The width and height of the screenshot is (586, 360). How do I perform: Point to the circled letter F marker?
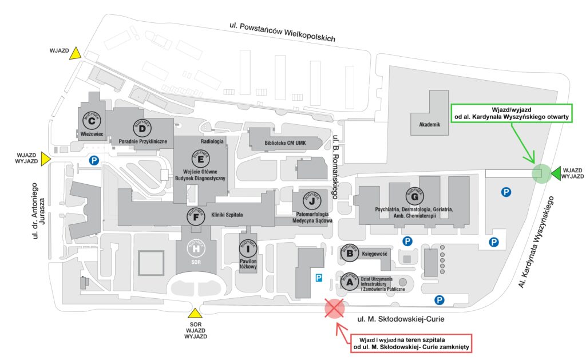pyautogui.click(x=196, y=217)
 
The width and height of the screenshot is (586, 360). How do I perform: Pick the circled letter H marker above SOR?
pyautogui.click(x=196, y=250)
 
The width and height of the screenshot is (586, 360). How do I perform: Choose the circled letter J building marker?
pyautogui.click(x=311, y=201)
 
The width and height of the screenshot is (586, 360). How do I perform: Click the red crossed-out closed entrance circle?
pyautogui.click(x=334, y=309)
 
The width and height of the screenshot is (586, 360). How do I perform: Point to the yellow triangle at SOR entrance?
pyautogui.click(x=196, y=313)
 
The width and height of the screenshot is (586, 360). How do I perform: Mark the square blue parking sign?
pyautogui.click(x=319, y=278)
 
